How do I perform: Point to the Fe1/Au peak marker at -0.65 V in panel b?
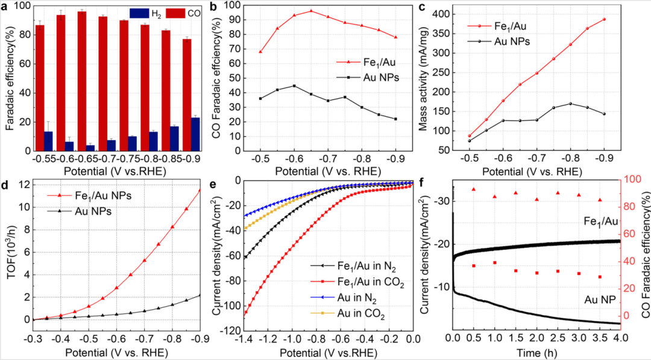311,11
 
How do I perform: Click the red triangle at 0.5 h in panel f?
474,189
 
